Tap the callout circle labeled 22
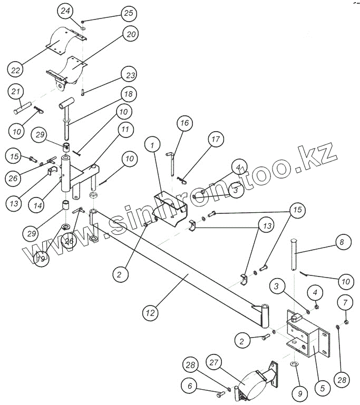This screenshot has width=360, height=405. point(15,69)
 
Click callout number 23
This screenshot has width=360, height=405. point(128,74)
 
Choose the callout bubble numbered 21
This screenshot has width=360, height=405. point(16,92)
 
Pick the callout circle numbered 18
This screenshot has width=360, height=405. point(128,94)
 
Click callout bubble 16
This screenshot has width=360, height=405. point(183,124)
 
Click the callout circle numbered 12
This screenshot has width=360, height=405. point(151,313)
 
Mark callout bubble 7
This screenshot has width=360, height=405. point(345,302)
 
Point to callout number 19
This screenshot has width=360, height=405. point(40,258)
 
